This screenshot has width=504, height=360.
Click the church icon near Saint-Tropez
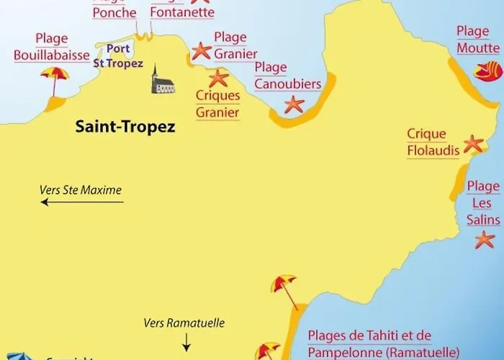[x=162, y=80]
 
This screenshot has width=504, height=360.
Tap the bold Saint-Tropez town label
[x=125, y=127]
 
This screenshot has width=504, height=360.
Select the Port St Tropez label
[x=118, y=56]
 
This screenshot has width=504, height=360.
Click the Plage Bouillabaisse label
[x=51, y=47]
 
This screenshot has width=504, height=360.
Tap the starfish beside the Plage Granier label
[x=201, y=50]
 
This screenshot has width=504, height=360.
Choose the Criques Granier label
[x=217, y=104]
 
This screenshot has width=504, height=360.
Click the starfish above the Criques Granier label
[x=218, y=77]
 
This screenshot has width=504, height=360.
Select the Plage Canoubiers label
[x=287, y=76]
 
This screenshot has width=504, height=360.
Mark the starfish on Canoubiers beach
[x=294, y=104]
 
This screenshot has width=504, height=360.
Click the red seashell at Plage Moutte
[x=487, y=71]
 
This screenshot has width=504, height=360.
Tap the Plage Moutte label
[x=477, y=40]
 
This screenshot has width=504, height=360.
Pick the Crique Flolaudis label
[x=426, y=143]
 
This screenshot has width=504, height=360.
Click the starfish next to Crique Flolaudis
[x=473, y=143]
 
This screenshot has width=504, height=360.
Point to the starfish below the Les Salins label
[x=485, y=240]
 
